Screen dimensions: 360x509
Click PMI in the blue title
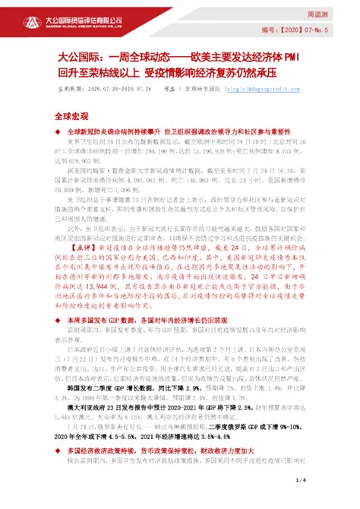[294, 57]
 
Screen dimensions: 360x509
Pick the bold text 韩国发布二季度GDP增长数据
[118, 407]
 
